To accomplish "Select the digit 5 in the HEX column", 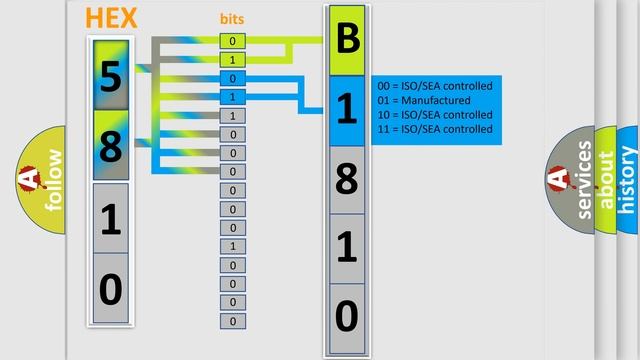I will (110, 76).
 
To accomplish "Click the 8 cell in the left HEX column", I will (110, 147).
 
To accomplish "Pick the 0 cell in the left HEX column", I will (110, 290).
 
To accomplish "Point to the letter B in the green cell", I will (347, 41).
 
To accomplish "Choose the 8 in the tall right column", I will (347, 180).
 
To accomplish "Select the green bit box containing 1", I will (232, 60).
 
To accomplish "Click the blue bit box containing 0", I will (232, 79).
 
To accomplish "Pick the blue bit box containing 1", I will (232, 97).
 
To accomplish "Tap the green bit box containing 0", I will (232, 41).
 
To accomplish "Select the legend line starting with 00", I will (431, 86).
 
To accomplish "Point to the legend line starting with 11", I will (431, 129).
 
